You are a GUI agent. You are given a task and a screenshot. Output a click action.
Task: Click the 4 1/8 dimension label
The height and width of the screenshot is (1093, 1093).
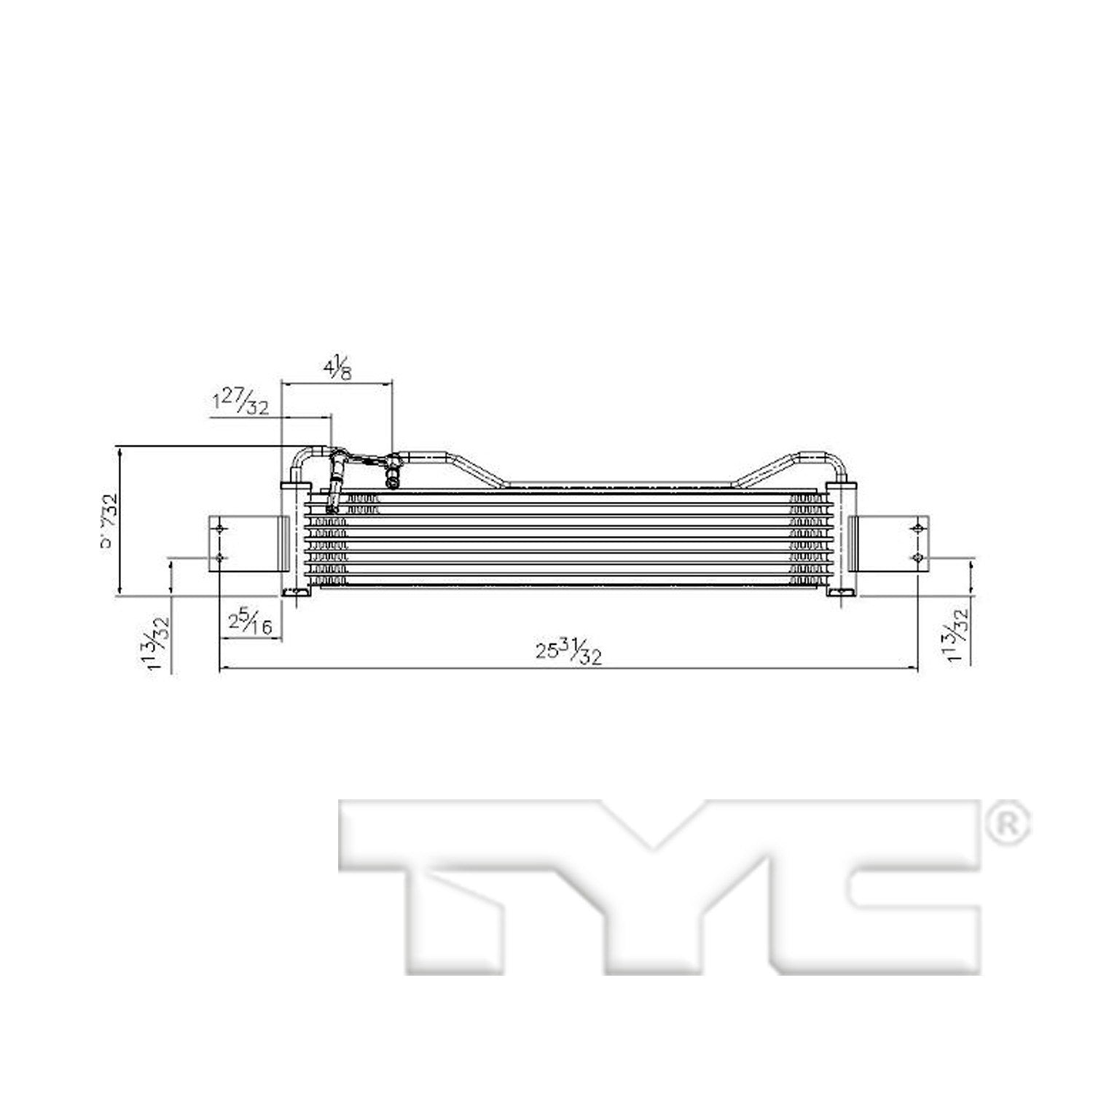337,369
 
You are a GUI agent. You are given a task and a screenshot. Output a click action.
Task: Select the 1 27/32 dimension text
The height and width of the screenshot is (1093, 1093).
240,402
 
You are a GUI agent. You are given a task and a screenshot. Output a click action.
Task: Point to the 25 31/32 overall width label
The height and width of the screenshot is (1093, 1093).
569,652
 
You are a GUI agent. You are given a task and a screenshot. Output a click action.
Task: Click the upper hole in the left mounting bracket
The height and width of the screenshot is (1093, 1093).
219,528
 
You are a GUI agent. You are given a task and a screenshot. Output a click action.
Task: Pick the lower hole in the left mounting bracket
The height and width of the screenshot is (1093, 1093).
219,558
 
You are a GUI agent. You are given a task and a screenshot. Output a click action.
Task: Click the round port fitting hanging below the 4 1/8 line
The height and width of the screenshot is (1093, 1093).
393,479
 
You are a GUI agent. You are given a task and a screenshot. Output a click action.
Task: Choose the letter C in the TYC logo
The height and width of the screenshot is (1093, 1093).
874,885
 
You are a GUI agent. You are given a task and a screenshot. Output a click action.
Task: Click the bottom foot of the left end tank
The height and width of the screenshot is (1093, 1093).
297,593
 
